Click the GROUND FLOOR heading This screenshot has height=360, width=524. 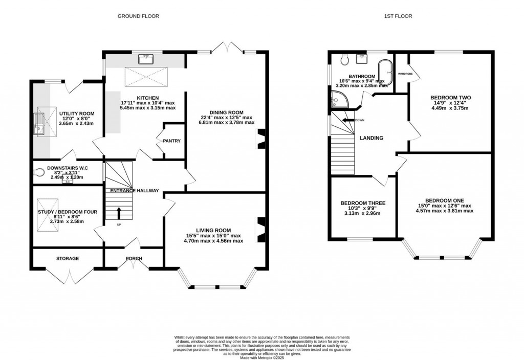[138, 16]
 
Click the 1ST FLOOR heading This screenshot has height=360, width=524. [398, 16]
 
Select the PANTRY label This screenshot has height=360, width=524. [172, 141]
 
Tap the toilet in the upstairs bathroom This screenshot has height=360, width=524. [345, 60]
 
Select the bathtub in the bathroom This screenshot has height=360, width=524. [384, 73]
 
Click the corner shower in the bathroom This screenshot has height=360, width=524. [338, 100]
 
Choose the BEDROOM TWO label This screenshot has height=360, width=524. [450, 97]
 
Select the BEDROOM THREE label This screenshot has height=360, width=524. [363, 203]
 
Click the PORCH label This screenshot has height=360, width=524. [134, 258]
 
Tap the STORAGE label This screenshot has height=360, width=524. [68, 258]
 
